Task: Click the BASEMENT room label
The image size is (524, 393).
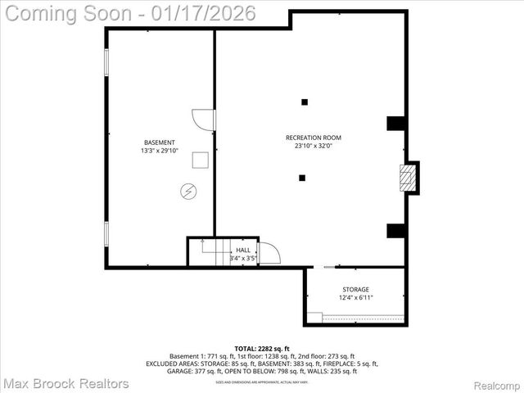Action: [x=159, y=142]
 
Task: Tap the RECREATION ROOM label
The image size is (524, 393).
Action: [x=313, y=138]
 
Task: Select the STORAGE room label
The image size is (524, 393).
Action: [x=355, y=289]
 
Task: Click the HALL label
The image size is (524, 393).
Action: [x=243, y=251]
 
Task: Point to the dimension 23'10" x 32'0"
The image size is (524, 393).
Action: [x=313, y=147]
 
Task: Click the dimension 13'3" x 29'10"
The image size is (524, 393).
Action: [x=159, y=151]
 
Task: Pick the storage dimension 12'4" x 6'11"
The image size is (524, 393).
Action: [x=355, y=298]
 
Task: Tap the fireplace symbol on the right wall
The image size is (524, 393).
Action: [x=407, y=178]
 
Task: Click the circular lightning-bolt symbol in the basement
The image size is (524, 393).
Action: [x=188, y=192]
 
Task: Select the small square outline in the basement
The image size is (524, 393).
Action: [x=201, y=160]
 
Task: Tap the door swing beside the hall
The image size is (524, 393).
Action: [x=269, y=253]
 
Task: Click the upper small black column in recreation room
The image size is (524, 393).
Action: [x=305, y=102]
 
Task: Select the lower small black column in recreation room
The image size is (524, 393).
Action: [x=302, y=177]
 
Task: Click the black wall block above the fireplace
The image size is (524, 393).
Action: [x=395, y=124]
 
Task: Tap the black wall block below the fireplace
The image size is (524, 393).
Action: [x=395, y=231]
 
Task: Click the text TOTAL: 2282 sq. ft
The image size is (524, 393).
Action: [x=262, y=349]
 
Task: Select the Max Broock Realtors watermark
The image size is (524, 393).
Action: [x=65, y=383]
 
